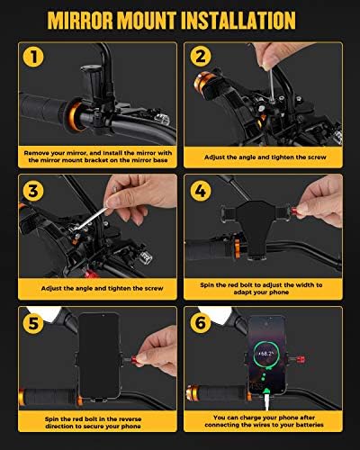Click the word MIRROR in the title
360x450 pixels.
[x=81, y=21]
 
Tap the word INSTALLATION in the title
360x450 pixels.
[x=238, y=21]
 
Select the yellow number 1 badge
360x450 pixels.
[x=33, y=57]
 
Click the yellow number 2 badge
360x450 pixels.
[x=201, y=56]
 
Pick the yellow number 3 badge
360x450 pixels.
[x=33, y=191]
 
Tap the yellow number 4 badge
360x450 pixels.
[x=201, y=191]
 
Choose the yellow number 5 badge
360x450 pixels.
[x=33, y=323]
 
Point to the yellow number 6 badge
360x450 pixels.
[x=201, y=323]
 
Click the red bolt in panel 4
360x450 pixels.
[x=294, y=211]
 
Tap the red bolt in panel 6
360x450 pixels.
[x=301, y=359]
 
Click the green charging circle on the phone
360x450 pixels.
[x=266, y=354]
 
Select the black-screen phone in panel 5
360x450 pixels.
[x=99, y=355]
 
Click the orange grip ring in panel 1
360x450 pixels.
[x=74, y=116]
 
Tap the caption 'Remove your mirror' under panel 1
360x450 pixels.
[x=98, y=157]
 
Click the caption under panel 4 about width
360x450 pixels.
[x=261, y=288]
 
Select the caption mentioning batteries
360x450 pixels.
[x=264, y=421]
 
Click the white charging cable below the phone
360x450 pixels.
[x=266, y=401]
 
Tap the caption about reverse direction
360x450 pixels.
[x=93, y=422]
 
